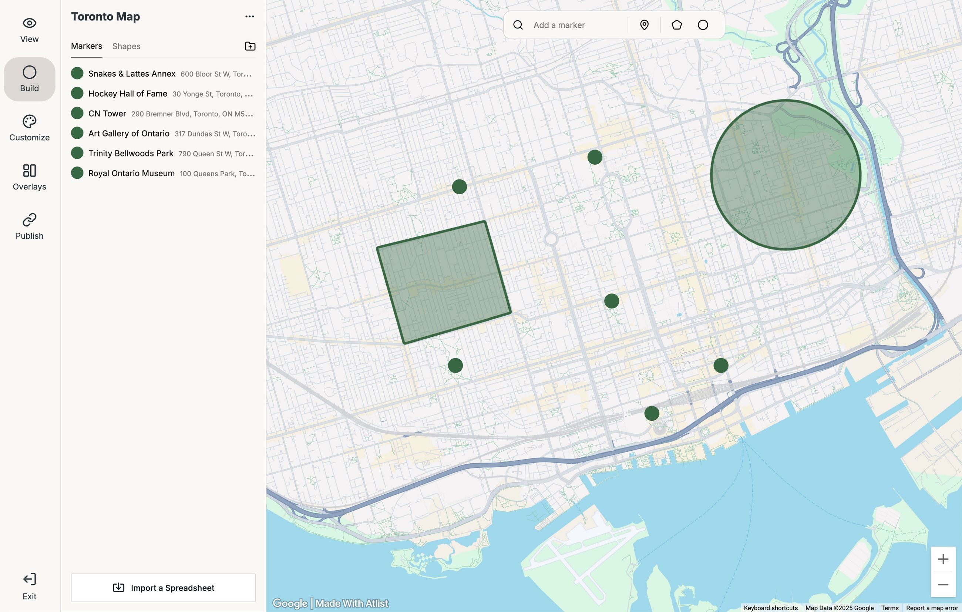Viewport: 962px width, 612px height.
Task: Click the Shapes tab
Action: pos(126,46)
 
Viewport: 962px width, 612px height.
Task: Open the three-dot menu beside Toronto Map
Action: pos(249,16)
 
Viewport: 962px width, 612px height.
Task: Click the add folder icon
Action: pos(250,46)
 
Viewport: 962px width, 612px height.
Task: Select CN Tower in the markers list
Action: pos(107,114)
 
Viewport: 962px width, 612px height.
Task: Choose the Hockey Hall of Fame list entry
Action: pos(127,94)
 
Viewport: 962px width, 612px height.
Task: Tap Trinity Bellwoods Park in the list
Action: pos(131,154)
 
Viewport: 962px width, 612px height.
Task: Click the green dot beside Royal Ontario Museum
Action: pos(77,173)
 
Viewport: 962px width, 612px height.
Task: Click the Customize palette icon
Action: pos(30,121)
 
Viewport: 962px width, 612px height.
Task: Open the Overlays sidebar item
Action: pos(30,177)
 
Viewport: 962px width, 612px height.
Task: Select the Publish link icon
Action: pos(30,220)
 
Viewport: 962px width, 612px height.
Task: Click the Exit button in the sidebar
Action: pos(30,586)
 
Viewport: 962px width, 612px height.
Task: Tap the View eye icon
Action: pos(30,23)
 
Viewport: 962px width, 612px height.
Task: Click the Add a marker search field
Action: pos(577,25)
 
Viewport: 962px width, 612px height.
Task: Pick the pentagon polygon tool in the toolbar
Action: pos(676,25)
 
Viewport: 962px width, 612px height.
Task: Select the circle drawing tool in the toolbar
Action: pos(703,25)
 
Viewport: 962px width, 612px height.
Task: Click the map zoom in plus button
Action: pos(943,559)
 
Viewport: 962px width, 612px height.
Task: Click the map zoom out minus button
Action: pos(943,585)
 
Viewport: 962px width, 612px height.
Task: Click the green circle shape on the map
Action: pos(786,175)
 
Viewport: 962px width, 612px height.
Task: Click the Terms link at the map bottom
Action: pos(890,608)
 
